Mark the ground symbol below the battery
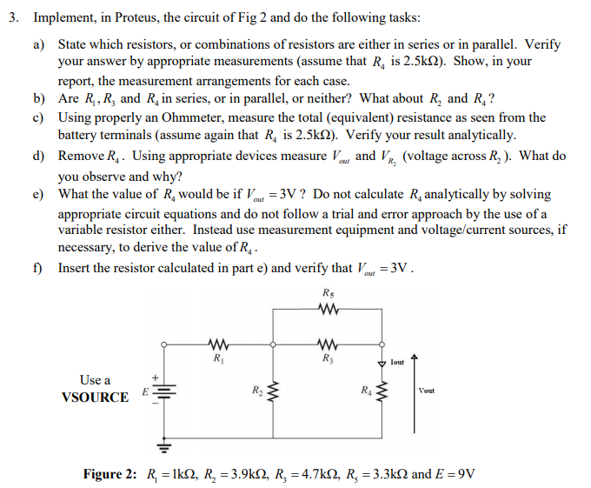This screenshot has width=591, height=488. point(163,447)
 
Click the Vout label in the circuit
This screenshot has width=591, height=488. point(427,391)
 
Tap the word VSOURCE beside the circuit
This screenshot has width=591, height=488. point(95,398)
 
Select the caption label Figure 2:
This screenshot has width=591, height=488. point(110,474)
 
